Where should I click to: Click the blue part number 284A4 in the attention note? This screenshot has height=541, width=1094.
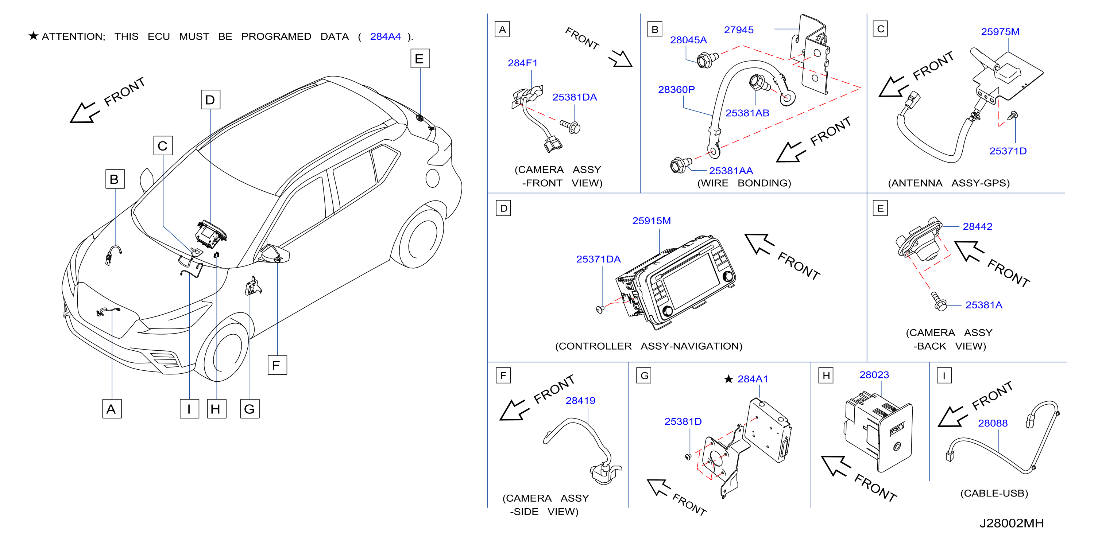coord(385,36)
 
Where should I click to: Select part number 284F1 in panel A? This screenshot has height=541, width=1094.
coord(522,63)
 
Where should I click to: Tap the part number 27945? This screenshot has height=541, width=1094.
coord(739,30)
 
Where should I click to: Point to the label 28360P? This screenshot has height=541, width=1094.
coord(676,90)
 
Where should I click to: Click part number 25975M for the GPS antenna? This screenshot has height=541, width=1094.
coord(1000,31)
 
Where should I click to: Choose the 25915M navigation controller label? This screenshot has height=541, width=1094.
coord(652,221)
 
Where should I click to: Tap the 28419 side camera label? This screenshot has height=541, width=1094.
coord(580,400)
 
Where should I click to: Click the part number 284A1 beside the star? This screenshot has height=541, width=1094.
coord(753,379)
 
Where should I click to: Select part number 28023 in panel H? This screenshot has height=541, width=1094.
coord(874,375)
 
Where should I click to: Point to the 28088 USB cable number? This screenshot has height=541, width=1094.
coord(993,423)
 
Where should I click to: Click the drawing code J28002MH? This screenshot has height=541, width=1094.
coord(1011,523)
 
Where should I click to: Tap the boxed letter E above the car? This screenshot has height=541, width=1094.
coord(420,59)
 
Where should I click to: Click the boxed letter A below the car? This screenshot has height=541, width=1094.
coord(112,409)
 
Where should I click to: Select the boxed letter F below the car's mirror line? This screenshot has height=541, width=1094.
coord(277,365)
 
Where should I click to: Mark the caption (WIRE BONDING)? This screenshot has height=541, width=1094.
coord(744,183)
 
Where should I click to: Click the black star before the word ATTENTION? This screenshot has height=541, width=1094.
coord(34,36)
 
